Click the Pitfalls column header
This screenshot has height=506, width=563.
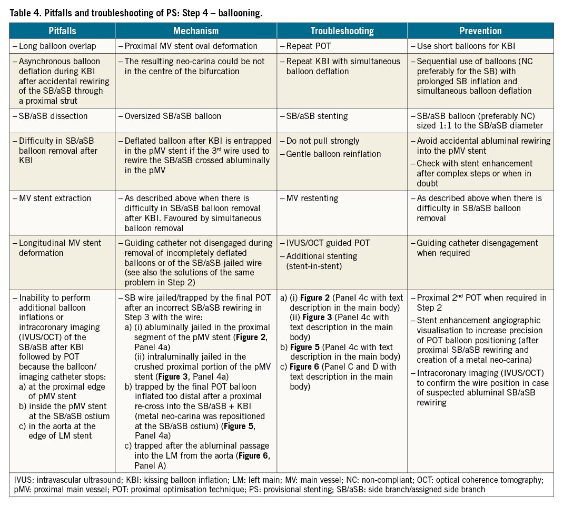(62, 31)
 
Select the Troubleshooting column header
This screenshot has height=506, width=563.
(342, 31)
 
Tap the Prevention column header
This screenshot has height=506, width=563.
(480, 31)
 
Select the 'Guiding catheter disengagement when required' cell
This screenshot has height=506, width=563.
(477, 247)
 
